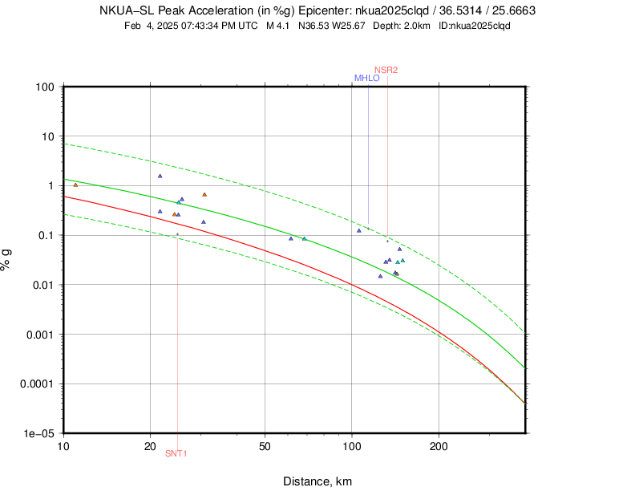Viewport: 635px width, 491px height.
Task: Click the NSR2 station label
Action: pos(386,71)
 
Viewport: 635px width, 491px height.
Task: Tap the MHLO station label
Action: pos(367,79)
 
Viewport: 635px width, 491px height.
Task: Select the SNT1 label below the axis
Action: pos(176,453)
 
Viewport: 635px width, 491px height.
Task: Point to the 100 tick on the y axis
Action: pos(45,87)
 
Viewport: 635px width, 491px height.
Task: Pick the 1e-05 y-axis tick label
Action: pos(39,433)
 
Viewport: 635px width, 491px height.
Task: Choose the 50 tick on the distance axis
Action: pos(265,444)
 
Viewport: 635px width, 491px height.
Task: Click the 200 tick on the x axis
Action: pos(439,444)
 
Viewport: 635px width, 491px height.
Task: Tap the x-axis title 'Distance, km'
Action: pos(317,481)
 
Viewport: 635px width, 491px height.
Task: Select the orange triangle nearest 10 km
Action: pos(76,185)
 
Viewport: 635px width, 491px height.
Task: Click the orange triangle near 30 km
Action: pos(204,194)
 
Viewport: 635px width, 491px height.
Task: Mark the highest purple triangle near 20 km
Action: pos(160,176)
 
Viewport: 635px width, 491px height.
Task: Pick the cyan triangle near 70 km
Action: pos(304,238)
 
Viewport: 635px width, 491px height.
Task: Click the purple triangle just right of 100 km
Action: pos(359,230)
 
